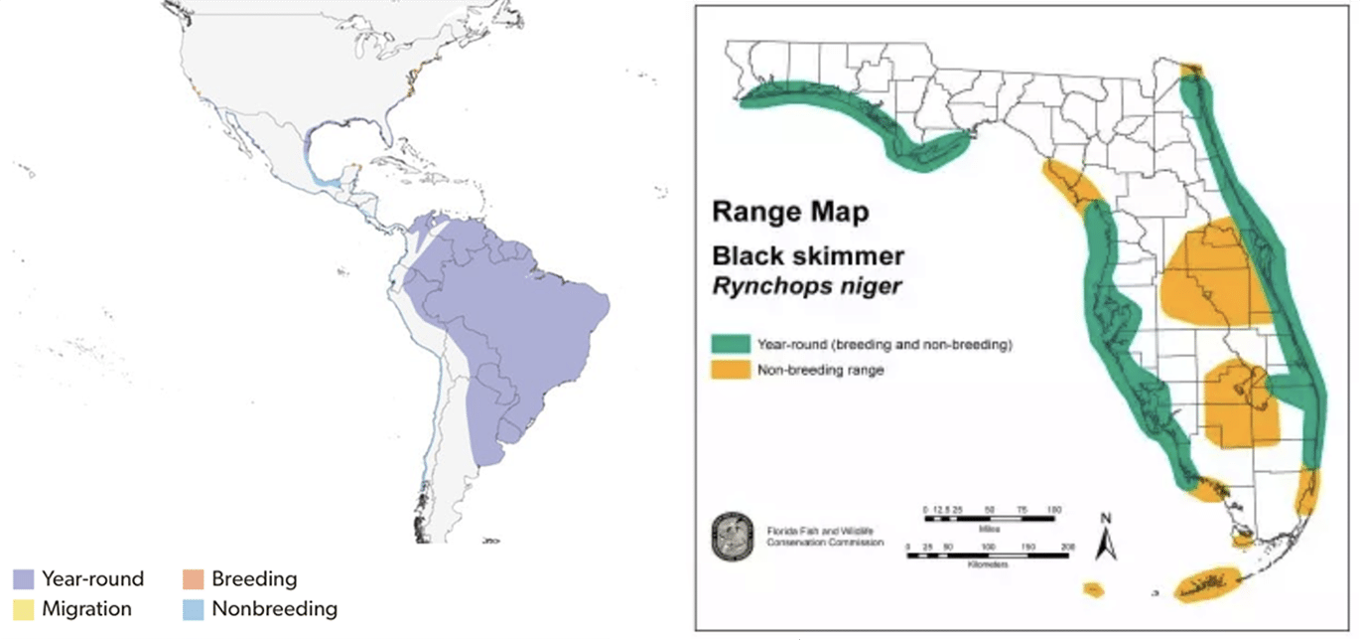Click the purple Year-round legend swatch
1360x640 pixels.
pos(25,578)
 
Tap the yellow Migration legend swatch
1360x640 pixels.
pos(25,608)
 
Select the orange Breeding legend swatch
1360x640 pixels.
pos(195,578)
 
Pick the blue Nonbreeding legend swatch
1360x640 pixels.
pos(195,608)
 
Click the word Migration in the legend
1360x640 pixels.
pos(87,608)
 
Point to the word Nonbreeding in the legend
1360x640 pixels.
pos(274,608)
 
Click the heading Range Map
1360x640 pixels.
pos(790,212)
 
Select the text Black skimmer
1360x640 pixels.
pos(808,255)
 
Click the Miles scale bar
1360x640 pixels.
pos(989,519)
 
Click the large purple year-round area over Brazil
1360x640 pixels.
pos(516,318)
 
